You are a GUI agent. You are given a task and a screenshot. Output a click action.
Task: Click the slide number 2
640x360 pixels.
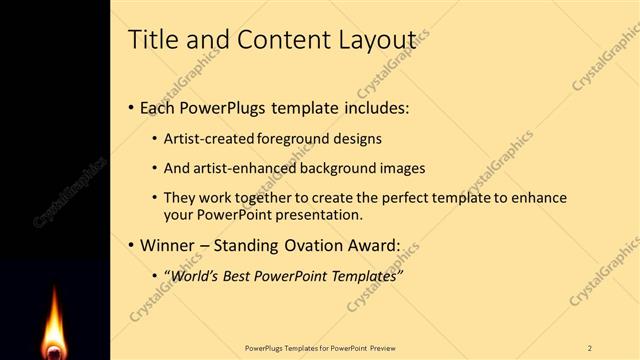pyautogui.click(x=590, y=348)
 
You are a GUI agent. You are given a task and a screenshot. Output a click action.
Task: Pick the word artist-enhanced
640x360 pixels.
pyautogui.click(x=240, y=168)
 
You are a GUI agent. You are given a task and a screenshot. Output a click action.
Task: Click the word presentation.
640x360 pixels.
pyautogui.click(x=315, y=215)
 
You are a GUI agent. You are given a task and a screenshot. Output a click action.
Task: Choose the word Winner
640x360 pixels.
pyautogui.click(x=168, y=245)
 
